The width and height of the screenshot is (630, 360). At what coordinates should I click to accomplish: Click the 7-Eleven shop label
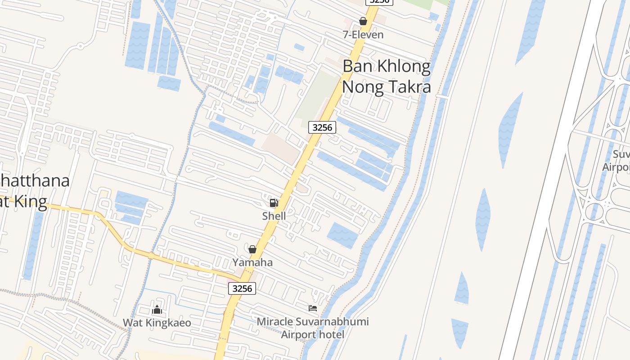[x=363, y=35]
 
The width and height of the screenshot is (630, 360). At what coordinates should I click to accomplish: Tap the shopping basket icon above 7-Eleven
[x=363, y=21]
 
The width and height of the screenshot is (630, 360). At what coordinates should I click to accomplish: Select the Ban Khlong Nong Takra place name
[x=387, y=76]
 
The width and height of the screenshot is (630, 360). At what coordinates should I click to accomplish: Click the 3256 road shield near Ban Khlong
[x=322, y=127]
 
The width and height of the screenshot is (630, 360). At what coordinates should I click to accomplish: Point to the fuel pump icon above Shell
[x=274, y=202]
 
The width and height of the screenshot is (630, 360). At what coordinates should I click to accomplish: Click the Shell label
[x=274, y=216]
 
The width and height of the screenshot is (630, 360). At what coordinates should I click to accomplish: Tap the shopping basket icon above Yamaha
[x=252, y=249]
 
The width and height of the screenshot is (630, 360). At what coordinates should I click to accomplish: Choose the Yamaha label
[x=252, y=262]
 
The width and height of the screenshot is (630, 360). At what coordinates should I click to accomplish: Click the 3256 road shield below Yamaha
[x=242, y=288]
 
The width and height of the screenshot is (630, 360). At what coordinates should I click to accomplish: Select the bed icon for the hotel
[x=313, y=308]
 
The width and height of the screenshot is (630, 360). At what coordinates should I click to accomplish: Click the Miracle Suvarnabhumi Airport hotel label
[x=313, y=328]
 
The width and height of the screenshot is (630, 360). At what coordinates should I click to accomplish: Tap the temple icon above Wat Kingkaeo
[x=157, y=310]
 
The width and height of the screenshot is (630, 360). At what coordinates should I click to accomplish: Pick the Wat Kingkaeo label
[x=157, y=323]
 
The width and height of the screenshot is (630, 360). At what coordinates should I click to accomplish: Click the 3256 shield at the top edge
[x=379, y=2]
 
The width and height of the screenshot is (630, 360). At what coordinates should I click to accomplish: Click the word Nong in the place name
[x=361, y=86]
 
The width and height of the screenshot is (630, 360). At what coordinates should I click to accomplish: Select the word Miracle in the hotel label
[x=274, y=322]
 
